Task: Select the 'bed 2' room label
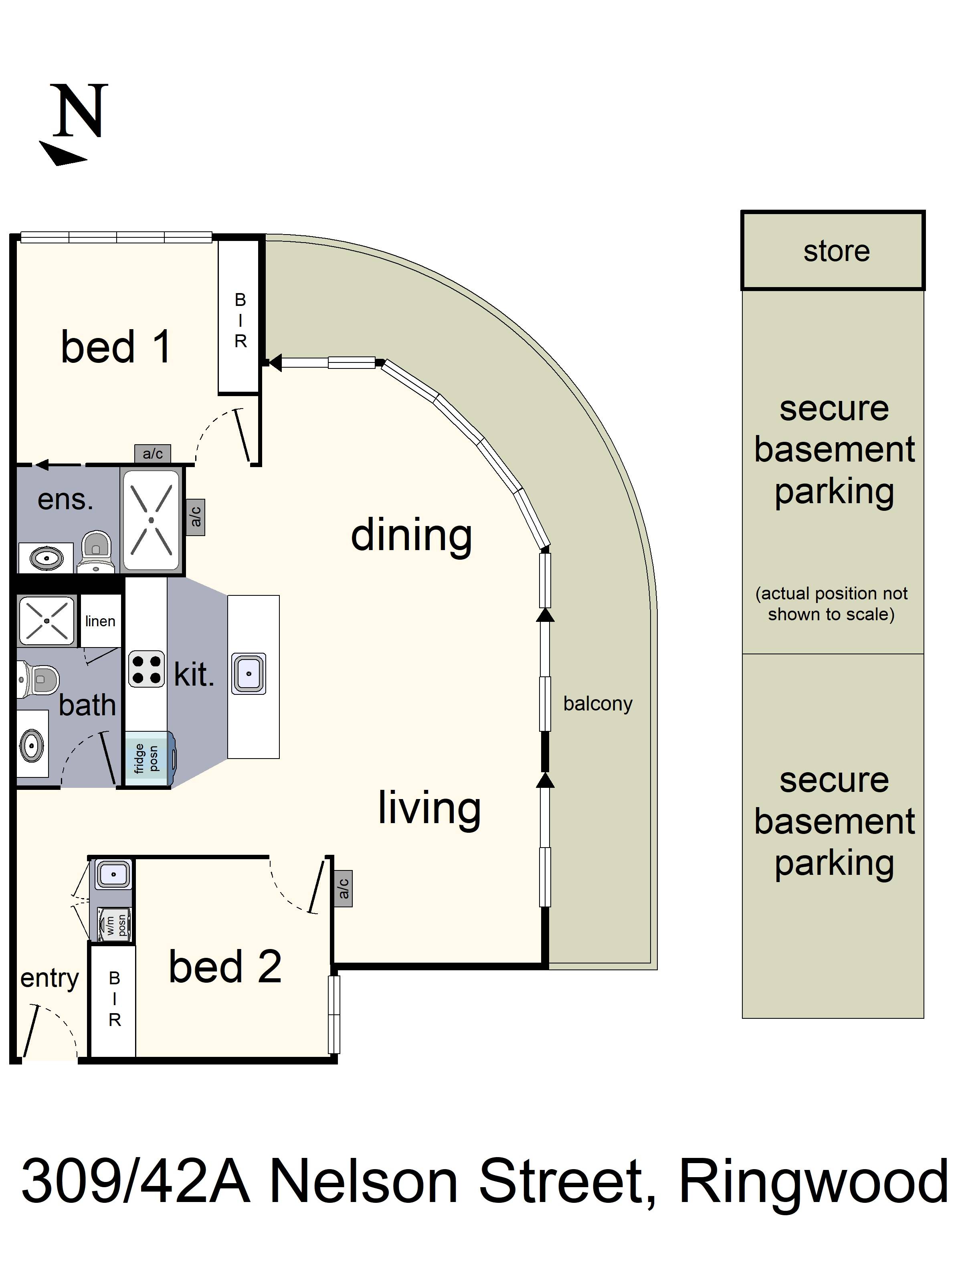[225, 967]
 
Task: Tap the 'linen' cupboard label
[100, 621]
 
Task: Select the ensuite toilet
[96, 550]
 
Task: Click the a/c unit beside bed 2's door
[343, 888]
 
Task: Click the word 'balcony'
[597, 704]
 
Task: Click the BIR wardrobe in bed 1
[239, 320]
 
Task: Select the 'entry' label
[49, 979]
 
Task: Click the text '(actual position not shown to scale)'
[831, 604]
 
